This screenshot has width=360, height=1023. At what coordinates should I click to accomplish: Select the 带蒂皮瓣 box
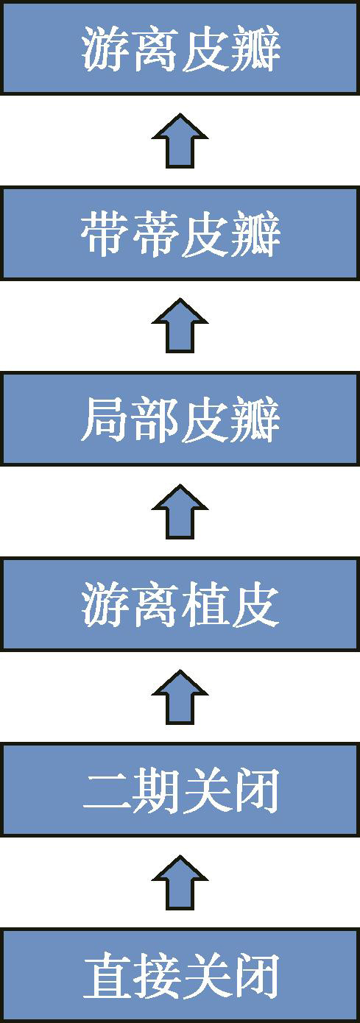click(x=180, y=233)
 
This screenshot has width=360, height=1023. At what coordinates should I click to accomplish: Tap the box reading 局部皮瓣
click(x=180, y=419)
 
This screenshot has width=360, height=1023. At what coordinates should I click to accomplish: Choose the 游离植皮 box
click(x=180, y=603)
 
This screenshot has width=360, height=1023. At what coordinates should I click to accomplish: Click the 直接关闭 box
click(x=180, y=975)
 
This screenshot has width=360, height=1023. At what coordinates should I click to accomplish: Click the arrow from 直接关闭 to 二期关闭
click(x=180, y=882)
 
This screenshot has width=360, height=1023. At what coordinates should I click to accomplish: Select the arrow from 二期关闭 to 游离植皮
click(x=180, y=697)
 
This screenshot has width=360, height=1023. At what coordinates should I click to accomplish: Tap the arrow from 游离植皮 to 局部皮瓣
click(x=180, y=511)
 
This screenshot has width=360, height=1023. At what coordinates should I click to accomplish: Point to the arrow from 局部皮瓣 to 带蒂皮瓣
click(x=180, y=325)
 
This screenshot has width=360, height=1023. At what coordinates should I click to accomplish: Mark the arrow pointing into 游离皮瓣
click(x=180, y=141)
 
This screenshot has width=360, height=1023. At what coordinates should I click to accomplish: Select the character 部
click(x=154, y=420)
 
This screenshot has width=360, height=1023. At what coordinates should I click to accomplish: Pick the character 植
click(x=204, y=604)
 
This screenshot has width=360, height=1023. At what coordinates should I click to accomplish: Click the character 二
click(x=105, y=791)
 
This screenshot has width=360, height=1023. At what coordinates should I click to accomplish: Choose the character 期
click(x=154, y=790)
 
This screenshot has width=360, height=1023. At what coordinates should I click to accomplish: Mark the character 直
click(x=105, y=975)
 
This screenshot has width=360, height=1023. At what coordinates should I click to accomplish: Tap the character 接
click(x=154, y=975)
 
